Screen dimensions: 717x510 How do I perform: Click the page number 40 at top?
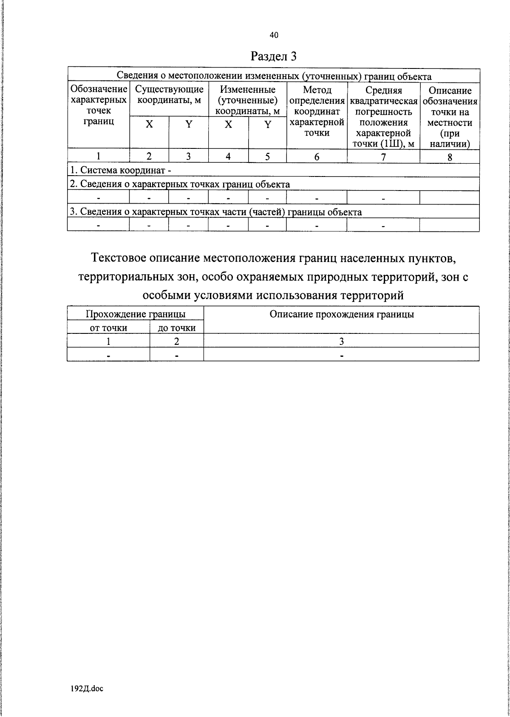[274, 35]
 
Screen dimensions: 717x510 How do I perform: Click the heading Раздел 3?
[273, 57]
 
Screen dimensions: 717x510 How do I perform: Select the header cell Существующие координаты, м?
[169, 95]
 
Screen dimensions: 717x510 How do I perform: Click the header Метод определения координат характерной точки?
[317, 111]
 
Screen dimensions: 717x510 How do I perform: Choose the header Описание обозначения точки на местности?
[450, 117]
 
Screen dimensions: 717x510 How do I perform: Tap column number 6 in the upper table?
[317, 156]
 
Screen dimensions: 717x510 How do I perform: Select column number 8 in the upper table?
[450, 156]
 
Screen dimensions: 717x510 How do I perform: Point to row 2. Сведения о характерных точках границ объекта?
[180, 184]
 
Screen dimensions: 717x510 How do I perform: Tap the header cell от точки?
[108, 327]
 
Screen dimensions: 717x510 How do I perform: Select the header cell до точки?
[177, 327]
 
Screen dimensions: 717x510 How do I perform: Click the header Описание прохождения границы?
[342, 314]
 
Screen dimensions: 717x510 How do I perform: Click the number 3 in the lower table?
[341, 341]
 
